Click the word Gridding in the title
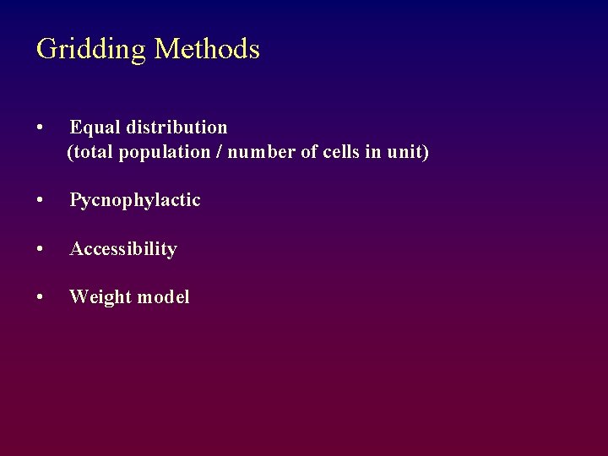(x=91, y=49)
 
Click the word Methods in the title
(x=207, y=49)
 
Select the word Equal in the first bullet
(x=95, y=128)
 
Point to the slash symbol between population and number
(x=208, y=153)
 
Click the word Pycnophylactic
(x=135, y=201)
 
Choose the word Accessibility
(x=123, y=249)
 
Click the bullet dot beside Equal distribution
(x=41, y=128)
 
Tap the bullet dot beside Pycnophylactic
(x=41, y=201)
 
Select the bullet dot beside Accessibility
(x=41, y=249)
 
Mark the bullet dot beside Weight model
(x=41, y=297)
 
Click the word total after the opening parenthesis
(x=94, y=153)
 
